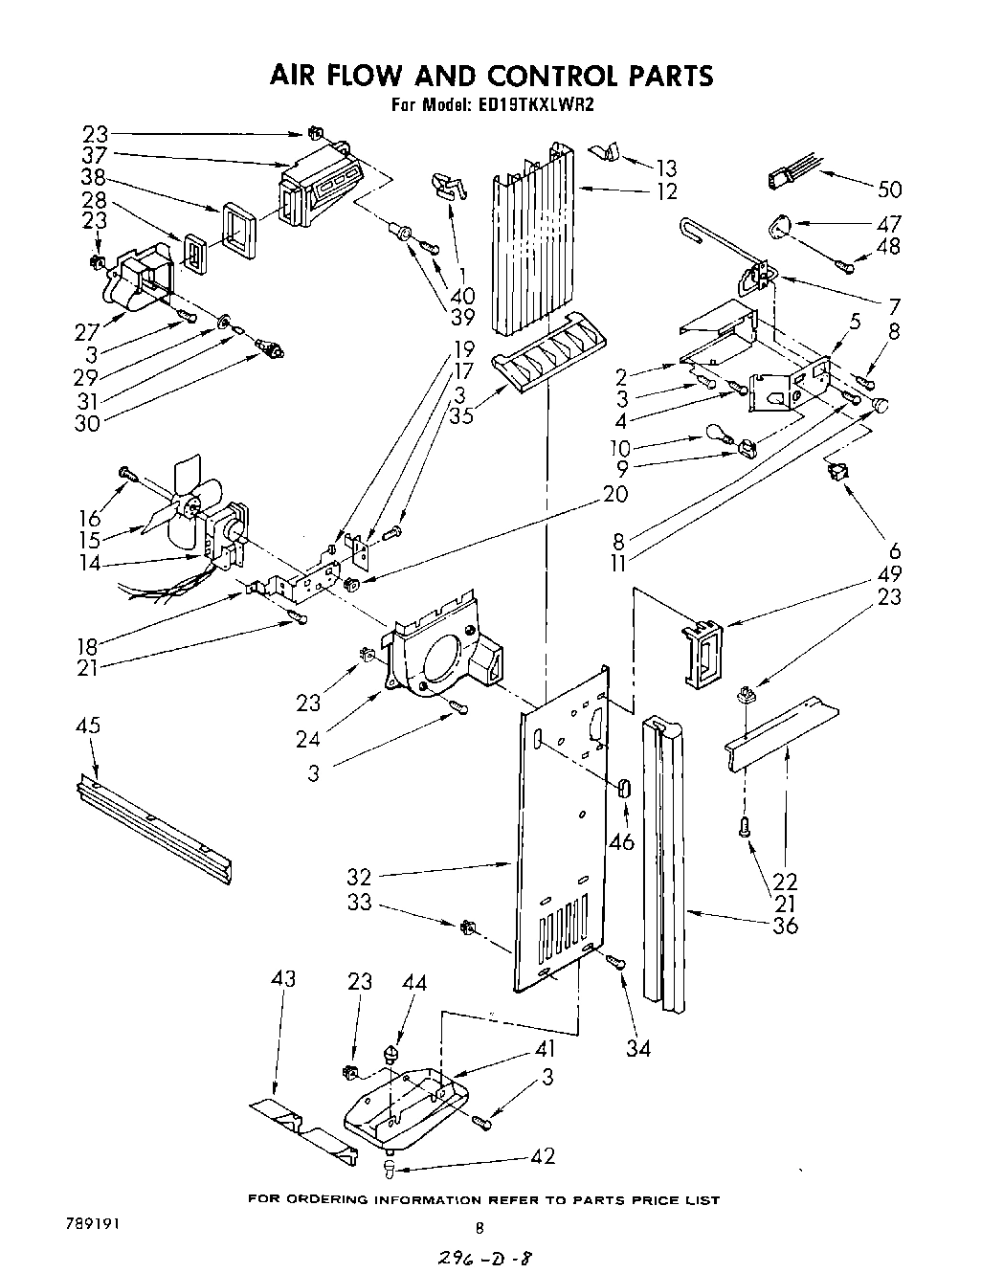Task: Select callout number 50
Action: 888,190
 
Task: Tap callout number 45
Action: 87,726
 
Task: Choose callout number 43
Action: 283,978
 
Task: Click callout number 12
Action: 667,191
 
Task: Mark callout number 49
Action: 888,575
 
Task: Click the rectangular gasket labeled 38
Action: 238,231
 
